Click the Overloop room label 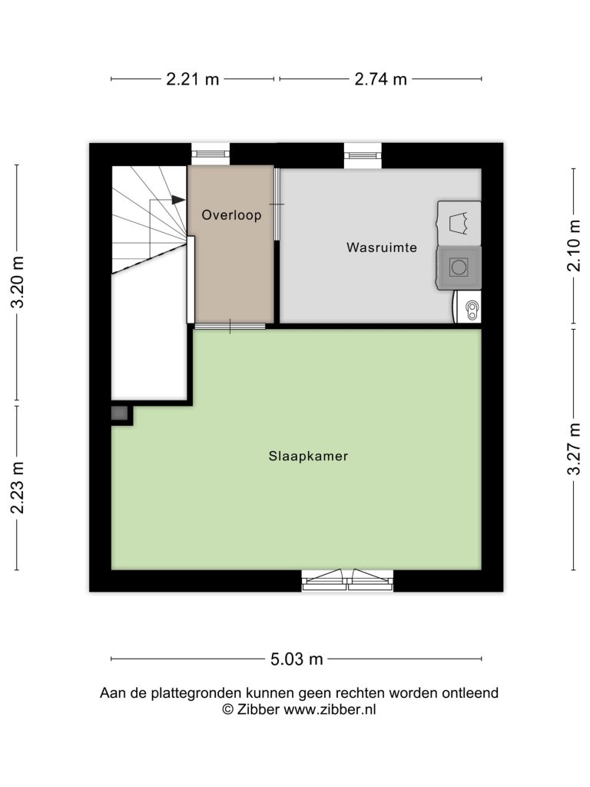tap(231, 215)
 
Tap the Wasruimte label tap(382, 247)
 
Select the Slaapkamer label tap(308, 457)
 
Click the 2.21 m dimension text tap(193, 79)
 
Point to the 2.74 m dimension tap(380, 79)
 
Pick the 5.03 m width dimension tap(297, 659)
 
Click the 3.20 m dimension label tap(18, 281)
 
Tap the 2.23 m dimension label tap(18, 488)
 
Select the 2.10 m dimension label tap(574, 245)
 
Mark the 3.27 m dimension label tap(574, 449)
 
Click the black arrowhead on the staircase tap(178, 200)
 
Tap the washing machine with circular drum tap(459, 267)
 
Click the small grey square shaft tap(119, 413)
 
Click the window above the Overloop tap(210, 153)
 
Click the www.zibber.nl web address tap(330, 709)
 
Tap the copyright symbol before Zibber tap(227, 709)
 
